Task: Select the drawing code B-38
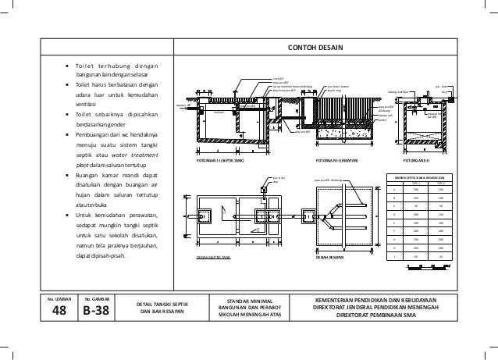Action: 95,311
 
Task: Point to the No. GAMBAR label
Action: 95,297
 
